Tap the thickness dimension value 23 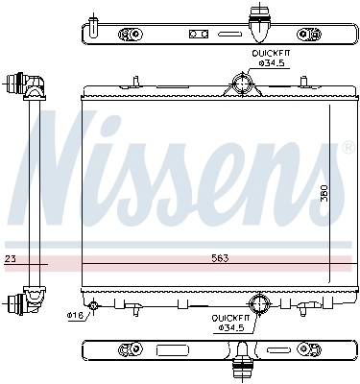pyautogui.click(x=10, y=259)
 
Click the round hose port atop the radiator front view pyautogui.click(x=241, y=84)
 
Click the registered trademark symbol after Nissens pyautogui.click(x=347, y=148)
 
